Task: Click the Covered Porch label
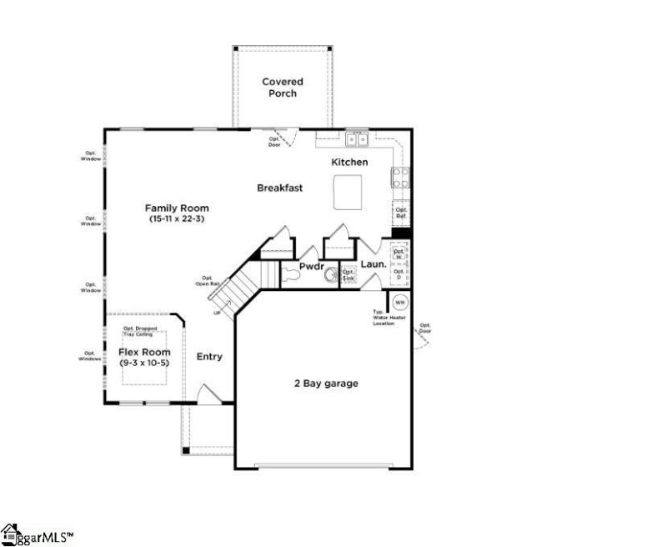(x=283, y=88)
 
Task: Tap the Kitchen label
(x=349, y=162)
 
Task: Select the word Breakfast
(x=279, y=188)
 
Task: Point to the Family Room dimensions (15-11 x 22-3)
(x=177, y=219)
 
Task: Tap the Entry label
(x=209, y=357)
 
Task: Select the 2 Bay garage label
(x=325, y=384)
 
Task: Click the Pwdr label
(x=311, y=266)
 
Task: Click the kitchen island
(x=350, y=193)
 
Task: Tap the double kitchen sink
(x=359, y=139)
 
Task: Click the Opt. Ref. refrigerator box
(x=401, y=213)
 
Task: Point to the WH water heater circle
(x=399, y=302)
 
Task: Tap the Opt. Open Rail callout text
(x=207, y=281)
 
